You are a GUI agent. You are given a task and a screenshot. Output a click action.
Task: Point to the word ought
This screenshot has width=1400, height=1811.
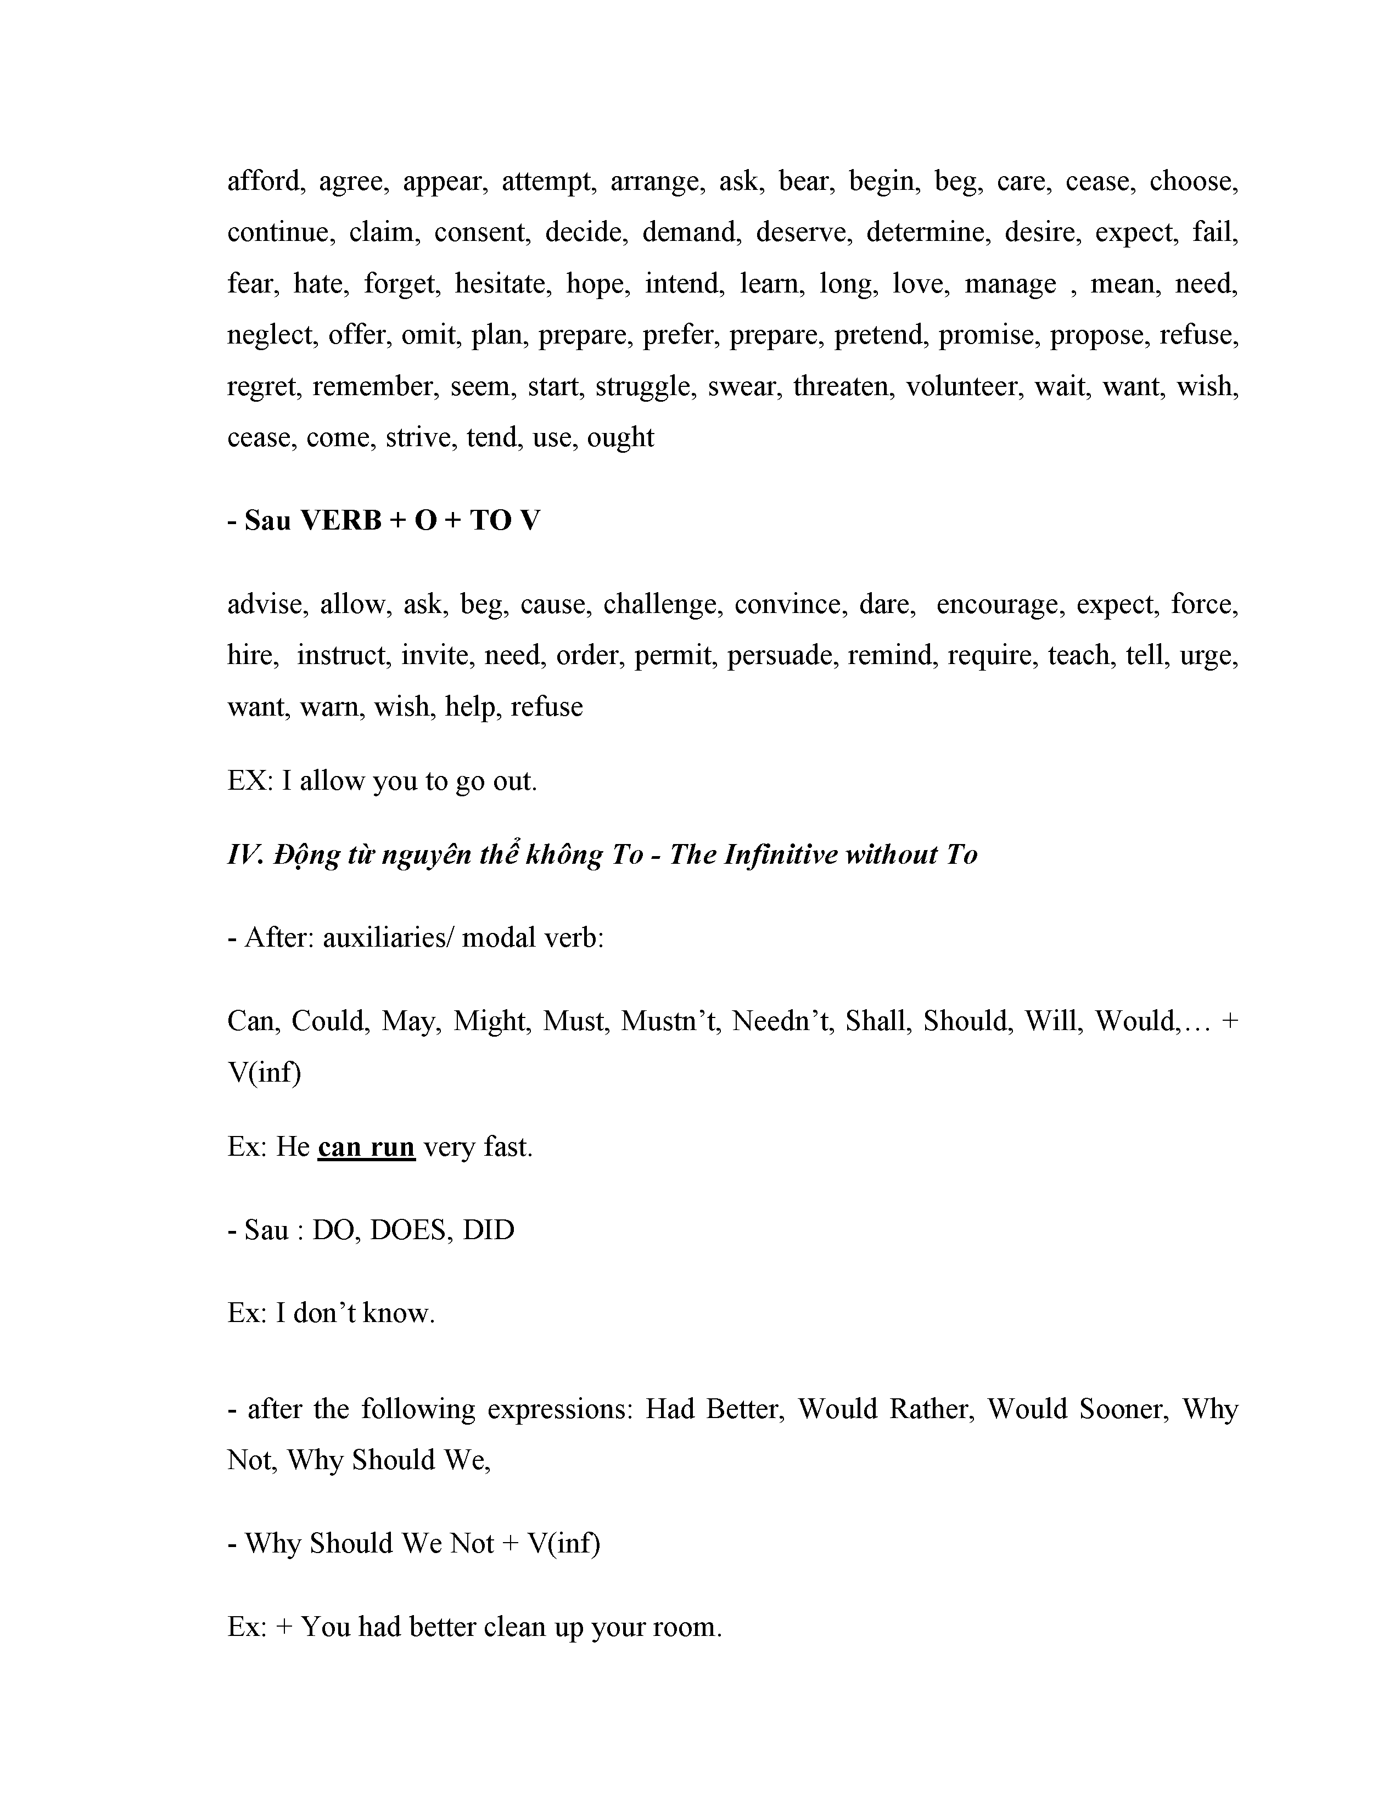click(x=620, y=438)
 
